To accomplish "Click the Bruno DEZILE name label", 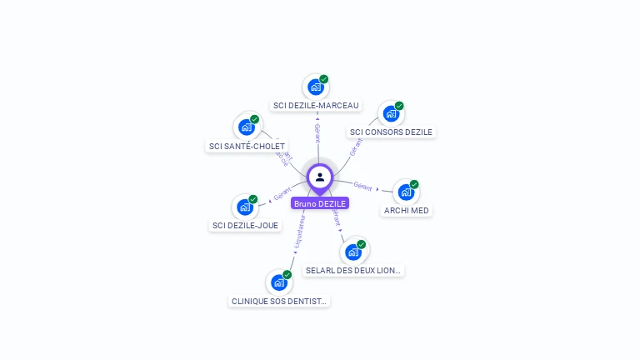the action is [320, 203].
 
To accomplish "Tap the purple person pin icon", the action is [320, 177].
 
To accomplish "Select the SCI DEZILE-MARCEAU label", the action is [316, 106].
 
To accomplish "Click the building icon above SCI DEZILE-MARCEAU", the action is [315, 87].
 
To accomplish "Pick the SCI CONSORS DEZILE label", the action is [391, 132].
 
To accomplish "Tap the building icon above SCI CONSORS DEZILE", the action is [390, 113].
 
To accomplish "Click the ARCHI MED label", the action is [406, 211].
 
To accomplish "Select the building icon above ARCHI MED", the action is [405, 192].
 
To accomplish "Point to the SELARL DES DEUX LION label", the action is [353, 271].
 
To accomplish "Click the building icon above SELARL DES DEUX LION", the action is [353, 252].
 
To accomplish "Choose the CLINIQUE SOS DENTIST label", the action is [279, 301].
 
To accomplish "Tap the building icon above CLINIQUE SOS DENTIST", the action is [279, 282].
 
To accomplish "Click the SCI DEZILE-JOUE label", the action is [246, 225].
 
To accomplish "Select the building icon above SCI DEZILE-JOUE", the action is [245, 207].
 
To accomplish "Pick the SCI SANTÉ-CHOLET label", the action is [246, 147].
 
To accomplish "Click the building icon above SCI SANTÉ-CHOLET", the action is [246, 127].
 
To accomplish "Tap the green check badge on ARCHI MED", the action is [414, 184].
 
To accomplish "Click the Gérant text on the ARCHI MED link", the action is [362, 185].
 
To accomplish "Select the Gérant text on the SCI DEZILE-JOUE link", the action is [282, 195].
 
